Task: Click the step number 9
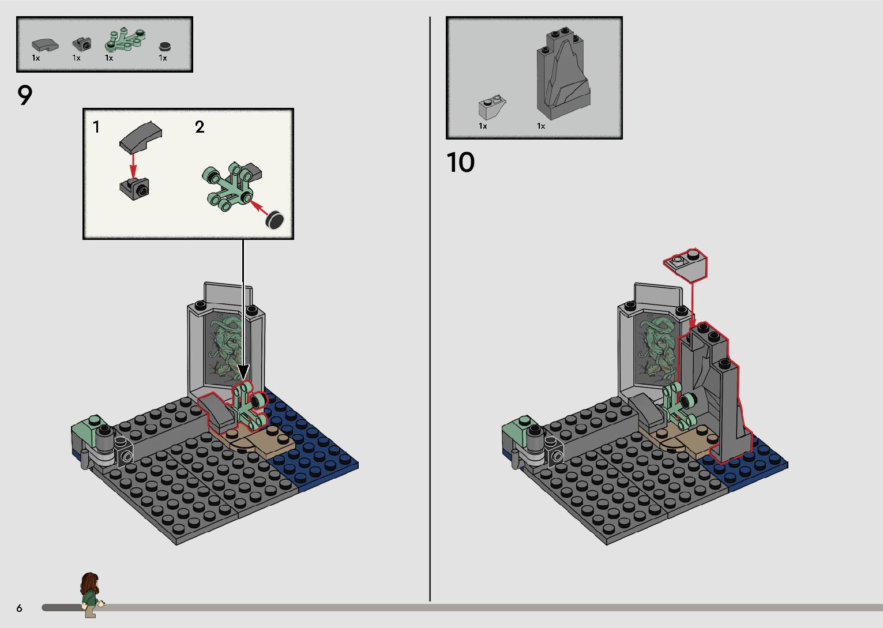tap(25, 96)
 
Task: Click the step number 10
tap(460, 163)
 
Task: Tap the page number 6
tap(20, 608)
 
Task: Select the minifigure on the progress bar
tap(91, 594)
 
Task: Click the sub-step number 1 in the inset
tap(96, 127)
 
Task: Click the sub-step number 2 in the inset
tap(200, 127)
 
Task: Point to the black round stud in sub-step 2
tap(275, 219)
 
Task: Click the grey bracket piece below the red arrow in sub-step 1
tap(134, 188)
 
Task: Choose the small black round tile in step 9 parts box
tap(165, 46)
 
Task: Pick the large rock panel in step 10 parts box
tap(563, 75)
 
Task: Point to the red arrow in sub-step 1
tap(133, 165)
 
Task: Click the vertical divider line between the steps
tap(430, 311)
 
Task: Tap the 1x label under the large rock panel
tap(541, 126)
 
